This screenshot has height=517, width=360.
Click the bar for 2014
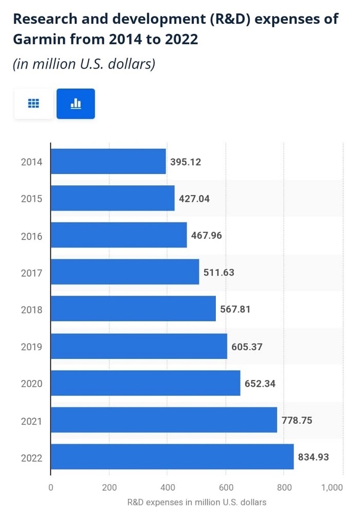point(108,162)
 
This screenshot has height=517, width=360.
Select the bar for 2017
point(125,272)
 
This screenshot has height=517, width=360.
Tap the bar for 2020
point(145,383)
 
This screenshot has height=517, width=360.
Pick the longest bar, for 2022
point(172,457)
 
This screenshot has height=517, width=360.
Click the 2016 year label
point(31,236)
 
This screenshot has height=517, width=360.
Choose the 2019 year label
point(31,347)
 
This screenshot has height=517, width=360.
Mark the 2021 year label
point(31,421)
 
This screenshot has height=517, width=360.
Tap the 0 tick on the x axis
point(50,487)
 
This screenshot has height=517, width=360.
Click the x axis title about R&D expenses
point(196,502)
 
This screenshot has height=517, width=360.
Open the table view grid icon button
point(33,104)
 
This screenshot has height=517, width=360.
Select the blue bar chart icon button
point(76,104)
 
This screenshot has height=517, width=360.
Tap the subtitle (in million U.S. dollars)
point(84,64)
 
